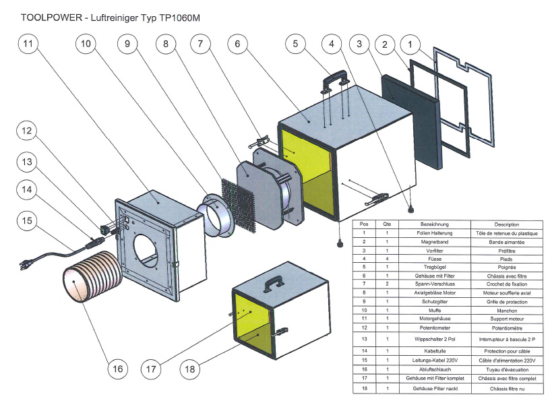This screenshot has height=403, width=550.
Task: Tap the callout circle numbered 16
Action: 117,369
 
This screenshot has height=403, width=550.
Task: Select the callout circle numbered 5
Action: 295,44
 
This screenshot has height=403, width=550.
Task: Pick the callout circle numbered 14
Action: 27,191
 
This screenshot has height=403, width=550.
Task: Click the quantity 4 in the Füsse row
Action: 388,258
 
